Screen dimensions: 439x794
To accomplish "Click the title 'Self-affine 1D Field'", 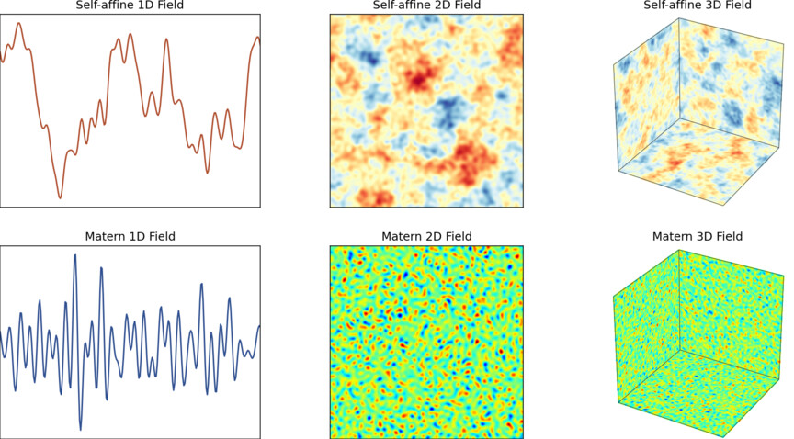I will tap(130, 6).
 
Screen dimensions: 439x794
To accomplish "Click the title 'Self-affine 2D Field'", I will tap(426, 6).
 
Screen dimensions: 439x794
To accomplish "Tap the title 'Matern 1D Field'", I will tap(130, 236).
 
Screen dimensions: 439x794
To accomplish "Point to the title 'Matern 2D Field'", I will tap(426, 236).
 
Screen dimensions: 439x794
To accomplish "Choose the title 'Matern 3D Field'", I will tap(697, 236).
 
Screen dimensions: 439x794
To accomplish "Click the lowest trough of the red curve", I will tap(61, 197).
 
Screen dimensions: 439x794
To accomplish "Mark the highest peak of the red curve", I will tap(18, 24).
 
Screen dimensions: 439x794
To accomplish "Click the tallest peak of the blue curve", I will tap(74, 255).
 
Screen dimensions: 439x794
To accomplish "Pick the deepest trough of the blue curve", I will tap(80, 429).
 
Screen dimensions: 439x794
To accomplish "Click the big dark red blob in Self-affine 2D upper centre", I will tap(423, 73).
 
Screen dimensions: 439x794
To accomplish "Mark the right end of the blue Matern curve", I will tap(260, 326).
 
